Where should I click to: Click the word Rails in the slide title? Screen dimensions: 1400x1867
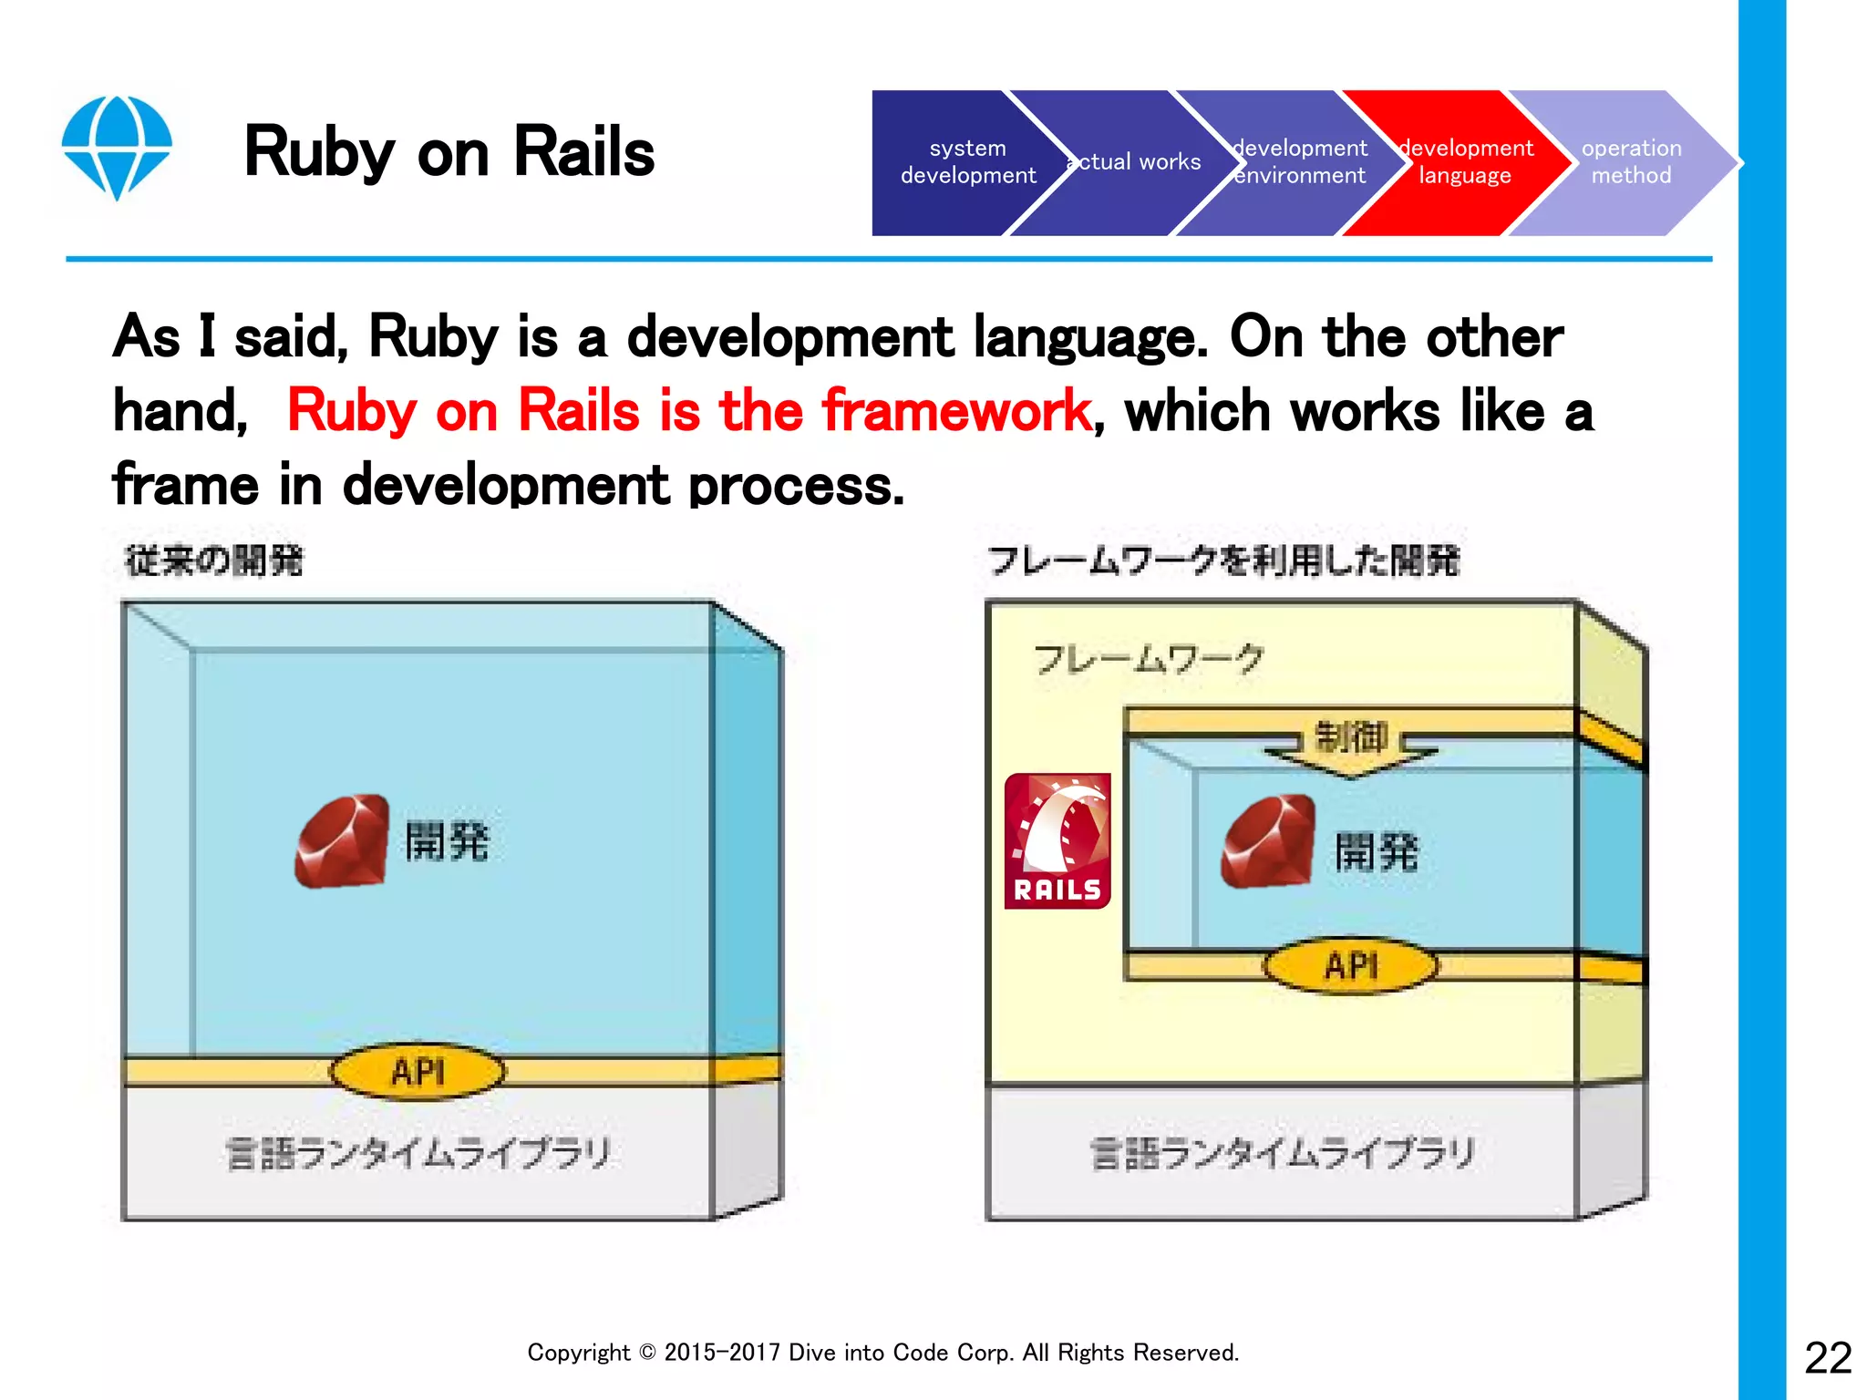point(583,152)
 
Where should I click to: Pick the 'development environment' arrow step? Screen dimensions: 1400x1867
point(1299,162)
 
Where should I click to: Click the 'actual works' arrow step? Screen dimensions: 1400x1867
point(1135,162)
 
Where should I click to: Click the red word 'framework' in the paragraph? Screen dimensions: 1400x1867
point(955,410)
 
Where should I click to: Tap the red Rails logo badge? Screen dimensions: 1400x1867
point(1057,841)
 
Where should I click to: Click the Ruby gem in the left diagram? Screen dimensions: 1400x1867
point(342,840)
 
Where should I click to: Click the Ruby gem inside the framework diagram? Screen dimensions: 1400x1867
point(1268,841)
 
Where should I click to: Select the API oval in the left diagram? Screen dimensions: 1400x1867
point(418,1072)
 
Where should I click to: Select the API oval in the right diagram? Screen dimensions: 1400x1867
point(1350,965)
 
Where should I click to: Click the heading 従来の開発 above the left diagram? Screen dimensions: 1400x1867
point(214,561)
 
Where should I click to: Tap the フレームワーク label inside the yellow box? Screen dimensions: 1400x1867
point(1149,658)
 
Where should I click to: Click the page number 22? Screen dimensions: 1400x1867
point(1828,1358)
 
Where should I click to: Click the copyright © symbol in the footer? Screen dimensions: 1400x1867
point(646,1353)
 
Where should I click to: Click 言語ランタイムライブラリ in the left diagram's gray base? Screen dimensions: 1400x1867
point(418,1154)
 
